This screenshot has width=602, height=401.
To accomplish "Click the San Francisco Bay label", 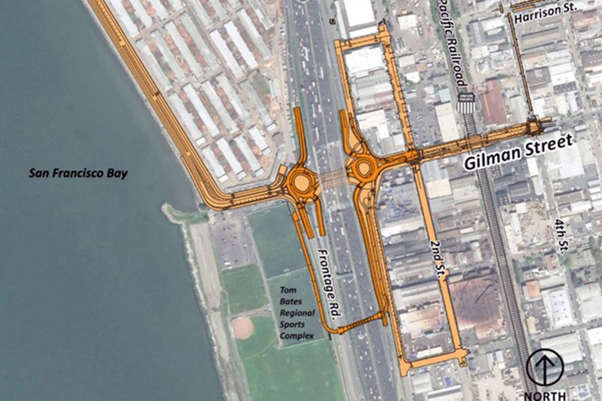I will coord(78,174).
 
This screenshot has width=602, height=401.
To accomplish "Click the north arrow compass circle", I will coord(545,367).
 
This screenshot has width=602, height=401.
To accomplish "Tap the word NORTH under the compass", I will coord(545,395).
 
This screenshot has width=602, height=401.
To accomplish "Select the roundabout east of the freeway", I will coord(364,169).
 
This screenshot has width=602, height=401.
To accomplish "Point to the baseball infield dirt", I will coord(242,328).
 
